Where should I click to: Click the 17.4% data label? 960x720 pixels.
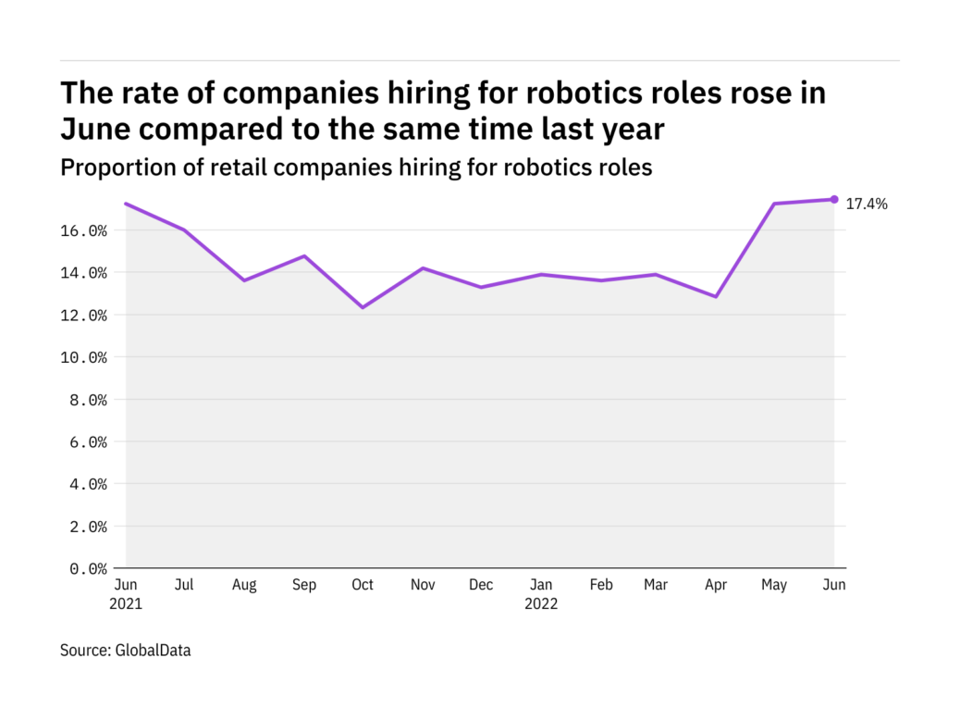pyautogui.click(x=867, y=205)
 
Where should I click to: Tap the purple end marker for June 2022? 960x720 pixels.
pyautogui.click(x=834, y=199)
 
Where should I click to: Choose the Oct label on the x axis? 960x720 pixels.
pyautogui.click(x=363, y=585)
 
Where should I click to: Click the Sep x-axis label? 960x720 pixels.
pyautogui.click(x=303, y=585)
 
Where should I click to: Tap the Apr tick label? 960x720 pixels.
pyautogui.click(x=716, y=585)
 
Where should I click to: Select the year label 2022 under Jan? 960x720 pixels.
pyautogui.click(x=541, y=604)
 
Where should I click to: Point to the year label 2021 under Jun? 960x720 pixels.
pyautogui.click(x=128, y=604)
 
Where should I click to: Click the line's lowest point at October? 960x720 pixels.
pyautogui.click(x=363, y=307)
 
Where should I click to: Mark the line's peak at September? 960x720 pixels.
pyautogui.click(x=303, y=255)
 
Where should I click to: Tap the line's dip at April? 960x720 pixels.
pyautogui.click(x=716, y=297)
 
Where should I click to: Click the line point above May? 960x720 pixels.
pyautogui.click(x=775, y=204)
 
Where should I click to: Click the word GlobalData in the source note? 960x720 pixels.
pyautogui.click(x=153, y=651)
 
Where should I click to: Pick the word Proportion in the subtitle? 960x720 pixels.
pyautogui.click(x=109, y=168)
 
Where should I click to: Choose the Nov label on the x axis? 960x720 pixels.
pyautogui.click(x=422, y=585)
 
